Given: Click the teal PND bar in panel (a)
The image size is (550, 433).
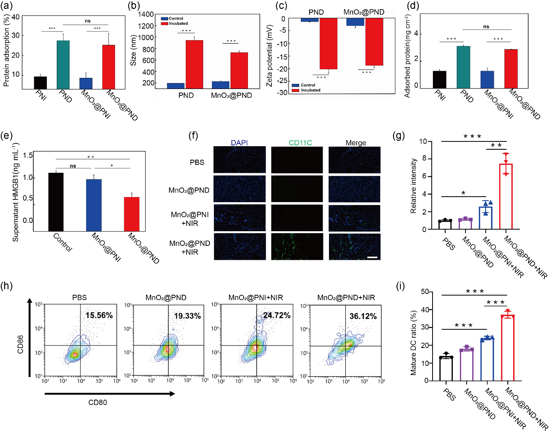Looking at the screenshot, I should pos(63,65).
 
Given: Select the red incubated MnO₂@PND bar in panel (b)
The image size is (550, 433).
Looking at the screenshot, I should pos(239,70).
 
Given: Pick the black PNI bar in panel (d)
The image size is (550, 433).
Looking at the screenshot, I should pos(439,79).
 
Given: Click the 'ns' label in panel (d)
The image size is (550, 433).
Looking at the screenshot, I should pos(486,27).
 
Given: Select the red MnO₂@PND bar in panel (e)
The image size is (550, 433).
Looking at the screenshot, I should pos(132,214).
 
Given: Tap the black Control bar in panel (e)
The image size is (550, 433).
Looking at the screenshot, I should pos(56,202).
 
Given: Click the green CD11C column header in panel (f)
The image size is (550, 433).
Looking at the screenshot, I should pos(300,143).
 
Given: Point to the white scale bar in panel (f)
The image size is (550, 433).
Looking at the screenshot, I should pos(372,257).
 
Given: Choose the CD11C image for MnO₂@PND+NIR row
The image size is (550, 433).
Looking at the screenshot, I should pos(297,247).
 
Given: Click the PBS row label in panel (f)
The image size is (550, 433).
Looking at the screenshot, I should pos(197,162).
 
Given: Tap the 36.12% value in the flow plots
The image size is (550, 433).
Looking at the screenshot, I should pos(363,317).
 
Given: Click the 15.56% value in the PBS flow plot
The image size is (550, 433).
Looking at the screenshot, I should pos(99,315).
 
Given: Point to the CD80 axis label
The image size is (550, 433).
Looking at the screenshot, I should pos(98,402).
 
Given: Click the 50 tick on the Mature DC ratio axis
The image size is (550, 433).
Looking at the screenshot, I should pos(425,292).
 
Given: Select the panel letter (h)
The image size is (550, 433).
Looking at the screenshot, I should pos(6,286).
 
